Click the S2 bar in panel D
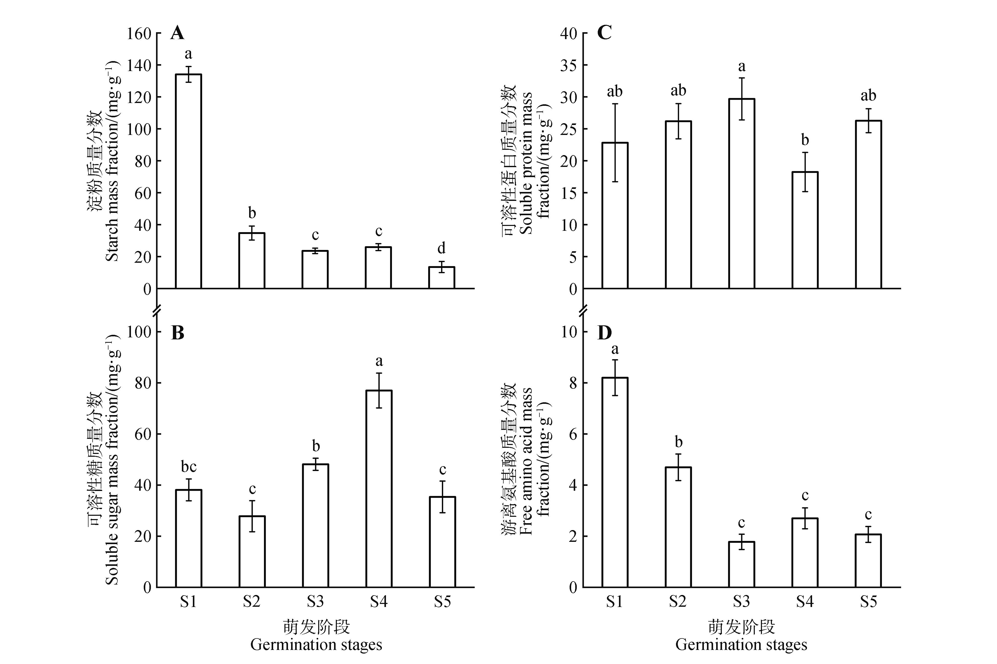tap(678, 527)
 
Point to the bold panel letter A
tap(177, 33)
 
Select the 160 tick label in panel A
tap(139, 33)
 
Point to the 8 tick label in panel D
tap(573, 383)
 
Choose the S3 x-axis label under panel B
tap(315, 602)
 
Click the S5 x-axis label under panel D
tap(868, 602)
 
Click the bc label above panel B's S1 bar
tap(189, 467)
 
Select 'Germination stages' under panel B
tap(316, 645)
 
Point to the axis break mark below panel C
tap(583, 310)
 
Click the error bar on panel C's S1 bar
tap(615, 143)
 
